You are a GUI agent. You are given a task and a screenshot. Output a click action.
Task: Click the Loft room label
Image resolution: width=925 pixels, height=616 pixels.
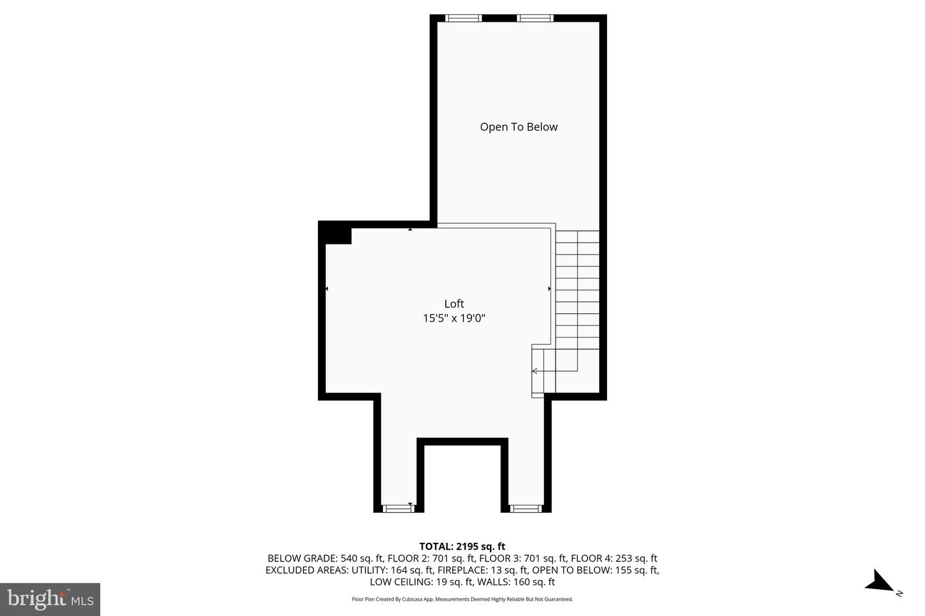(x=454, y=304)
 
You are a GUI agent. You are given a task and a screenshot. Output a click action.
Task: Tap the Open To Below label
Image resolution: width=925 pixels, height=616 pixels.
(x=518, y=127)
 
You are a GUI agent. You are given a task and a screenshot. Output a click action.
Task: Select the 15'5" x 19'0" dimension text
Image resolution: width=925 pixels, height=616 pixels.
(x=454, y=318)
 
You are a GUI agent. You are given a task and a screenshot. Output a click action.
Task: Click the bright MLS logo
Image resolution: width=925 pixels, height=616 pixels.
(x=49, y=599)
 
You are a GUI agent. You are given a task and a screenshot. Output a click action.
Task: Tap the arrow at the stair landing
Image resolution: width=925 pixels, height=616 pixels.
(x=534, y=371)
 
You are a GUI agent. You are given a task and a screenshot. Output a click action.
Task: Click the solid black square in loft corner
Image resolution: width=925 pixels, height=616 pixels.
(x=335, y=233)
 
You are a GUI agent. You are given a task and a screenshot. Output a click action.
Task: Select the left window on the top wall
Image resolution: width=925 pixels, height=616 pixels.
(x=463, y=18)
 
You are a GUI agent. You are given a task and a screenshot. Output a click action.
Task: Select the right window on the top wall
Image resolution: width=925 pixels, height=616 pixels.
(x=535, y=18)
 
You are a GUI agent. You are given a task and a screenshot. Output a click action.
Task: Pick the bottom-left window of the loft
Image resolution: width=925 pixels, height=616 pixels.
(x=398, y=508)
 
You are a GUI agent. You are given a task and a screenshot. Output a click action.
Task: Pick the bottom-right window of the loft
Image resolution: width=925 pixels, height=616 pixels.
(x=525, y=508)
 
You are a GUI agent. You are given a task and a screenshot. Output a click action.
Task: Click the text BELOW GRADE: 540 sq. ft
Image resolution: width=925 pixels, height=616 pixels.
(x=325, y=558)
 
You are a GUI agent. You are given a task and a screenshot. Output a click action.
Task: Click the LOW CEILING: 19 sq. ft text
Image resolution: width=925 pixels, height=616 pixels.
(x=421, y=582)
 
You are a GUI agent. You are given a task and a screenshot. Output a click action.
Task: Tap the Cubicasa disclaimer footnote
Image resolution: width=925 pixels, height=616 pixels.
(x=462, y=599)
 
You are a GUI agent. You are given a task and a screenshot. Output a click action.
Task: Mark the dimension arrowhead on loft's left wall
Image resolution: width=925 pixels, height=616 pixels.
(x=327, y=289)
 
